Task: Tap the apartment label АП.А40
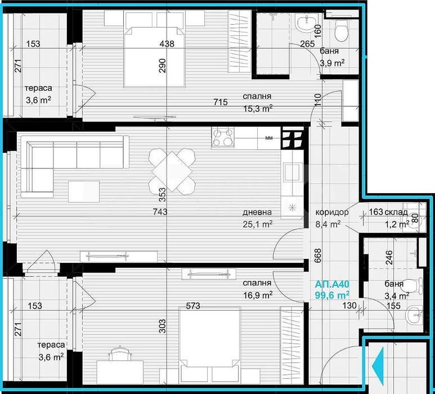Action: tap(332, 284)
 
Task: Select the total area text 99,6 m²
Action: tap(332, 294)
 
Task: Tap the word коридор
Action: tap(332, 213)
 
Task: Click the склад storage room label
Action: tap(397, 213)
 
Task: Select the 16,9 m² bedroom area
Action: tap(258, 294)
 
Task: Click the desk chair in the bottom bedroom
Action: tap(118, 355)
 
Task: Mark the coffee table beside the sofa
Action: tap(83, 191)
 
